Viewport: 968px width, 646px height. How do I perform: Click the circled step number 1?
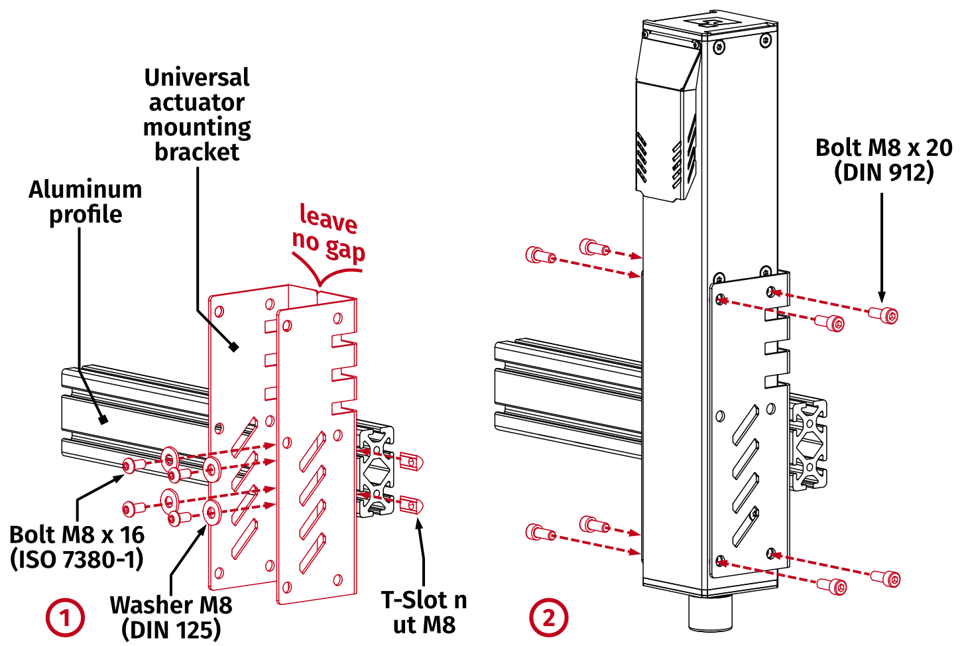pyautogui.click(x=65, y=617)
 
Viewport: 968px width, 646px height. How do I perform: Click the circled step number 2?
pyautogui.click(x=548, y=617)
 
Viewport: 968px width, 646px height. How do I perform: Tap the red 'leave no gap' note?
pyautogui.click(x=329, y=234)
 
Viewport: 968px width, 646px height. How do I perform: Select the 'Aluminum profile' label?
pyautogui.click(x=86, y=202)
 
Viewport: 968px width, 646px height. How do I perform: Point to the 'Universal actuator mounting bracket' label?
pyautogui.click(x=197, y=114)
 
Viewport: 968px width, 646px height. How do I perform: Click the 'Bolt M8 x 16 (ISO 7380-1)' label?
pyautogui.click(x=77, y=547)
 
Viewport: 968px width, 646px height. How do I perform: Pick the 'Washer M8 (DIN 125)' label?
pyautogui.click(x=171, y=617)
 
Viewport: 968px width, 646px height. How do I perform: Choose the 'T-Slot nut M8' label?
pyautogui.click(x=424, y=612)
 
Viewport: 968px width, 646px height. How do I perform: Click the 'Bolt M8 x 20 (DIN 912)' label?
pyautogui.click(x=883, y=160)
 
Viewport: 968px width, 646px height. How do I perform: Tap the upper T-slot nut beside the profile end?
pyautogui.click(x=412, y=461)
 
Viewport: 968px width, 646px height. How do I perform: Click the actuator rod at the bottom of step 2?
pyautogui.click(x=709, y=613)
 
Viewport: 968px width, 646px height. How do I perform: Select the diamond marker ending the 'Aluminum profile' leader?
pyautogui.click(x=103, y=419)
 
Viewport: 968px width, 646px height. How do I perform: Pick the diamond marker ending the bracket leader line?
pyautogui.click(x=233, y=346)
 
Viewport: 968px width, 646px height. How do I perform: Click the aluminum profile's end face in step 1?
pyautogui.click(x=375, y=471)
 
